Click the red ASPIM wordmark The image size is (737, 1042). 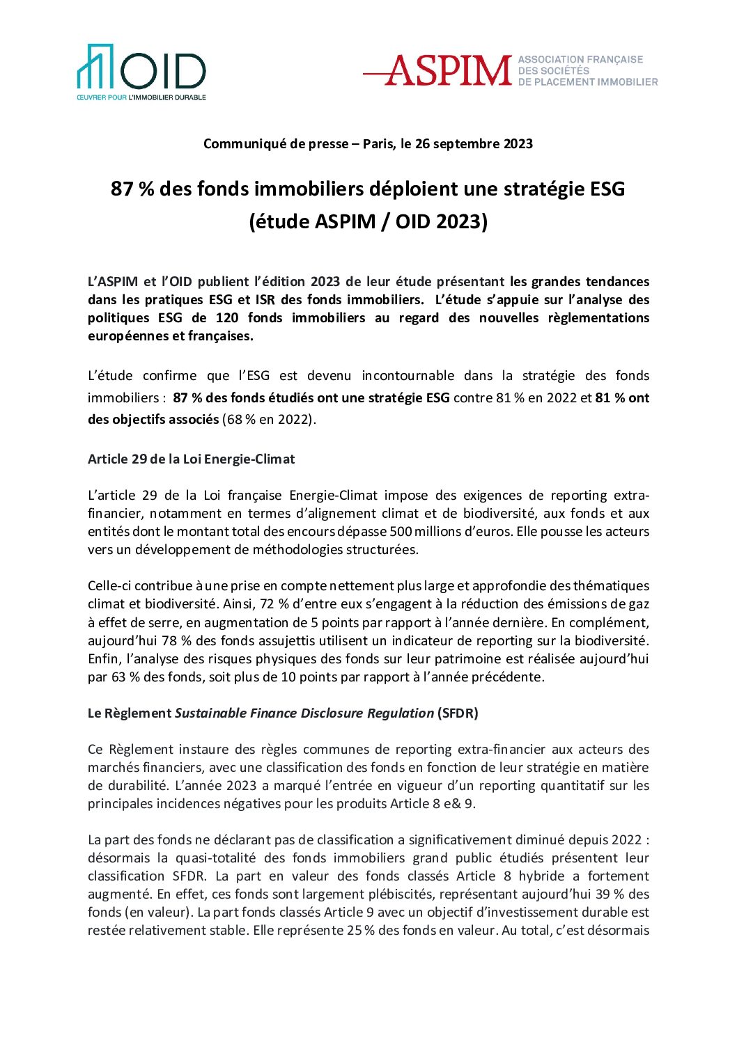pyautogui.click(x=448, y=71)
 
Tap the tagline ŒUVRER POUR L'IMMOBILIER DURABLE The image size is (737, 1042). pyautogui.click(x=141, y=97)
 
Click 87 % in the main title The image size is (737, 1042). pyautogui.click(x=132, y=189)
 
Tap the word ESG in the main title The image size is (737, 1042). pyautogui.click(x=607, y=189)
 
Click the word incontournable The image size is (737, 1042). pyautogui.click(x=408, y=376)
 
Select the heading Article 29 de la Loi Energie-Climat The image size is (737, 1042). pyautogui.click(x=191, y=459)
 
